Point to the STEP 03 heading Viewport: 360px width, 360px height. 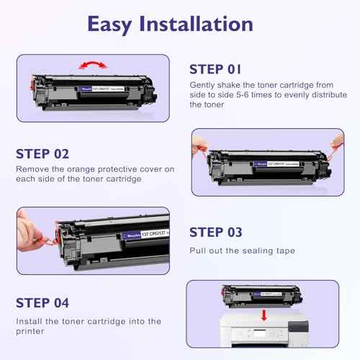coord(217,232)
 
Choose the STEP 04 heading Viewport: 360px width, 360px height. coord(43,302)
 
